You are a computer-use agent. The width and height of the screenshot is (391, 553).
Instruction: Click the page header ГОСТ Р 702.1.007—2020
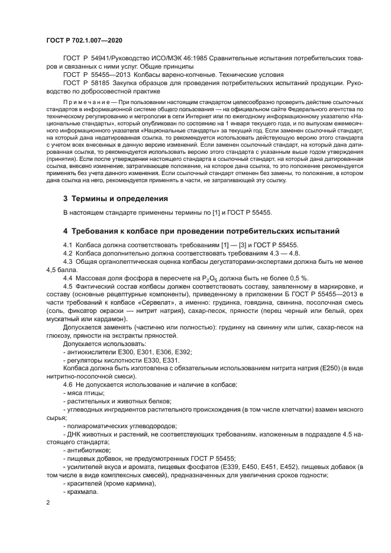[x=84, y=40]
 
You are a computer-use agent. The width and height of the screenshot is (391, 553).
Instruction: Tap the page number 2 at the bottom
[x=49, y=502]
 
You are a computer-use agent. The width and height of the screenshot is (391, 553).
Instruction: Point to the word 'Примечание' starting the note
[x=84, y=102]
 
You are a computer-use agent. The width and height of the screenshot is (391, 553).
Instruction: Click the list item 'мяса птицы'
[x=86, y=393]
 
